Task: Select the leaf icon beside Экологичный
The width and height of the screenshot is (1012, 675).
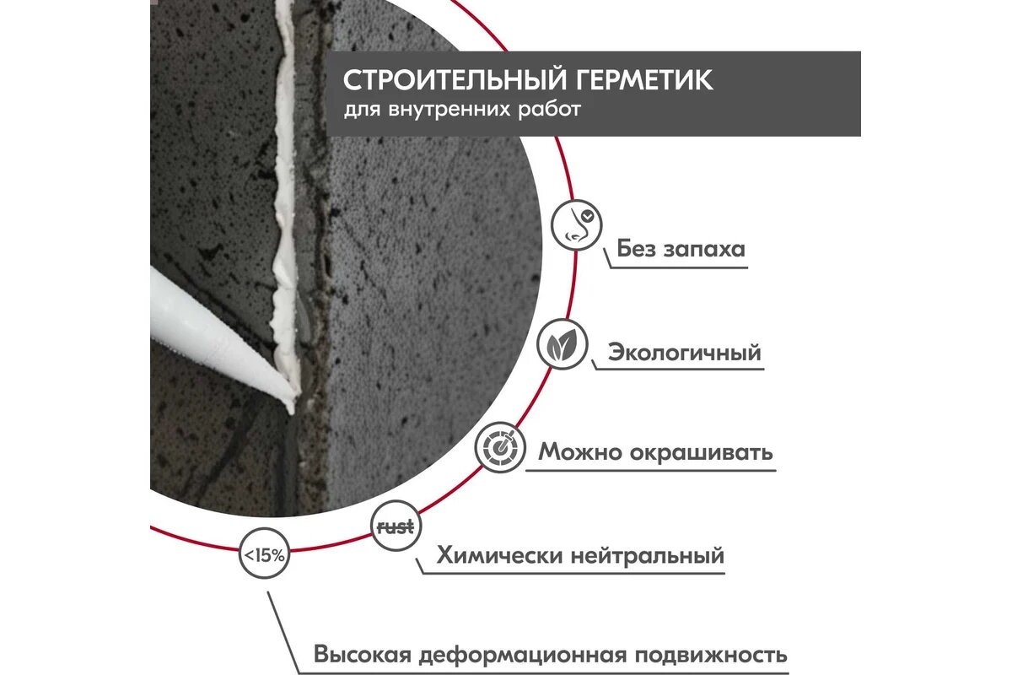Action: (x=562, y=344)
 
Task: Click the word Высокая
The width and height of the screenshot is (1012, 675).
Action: (x=363, y=656)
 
